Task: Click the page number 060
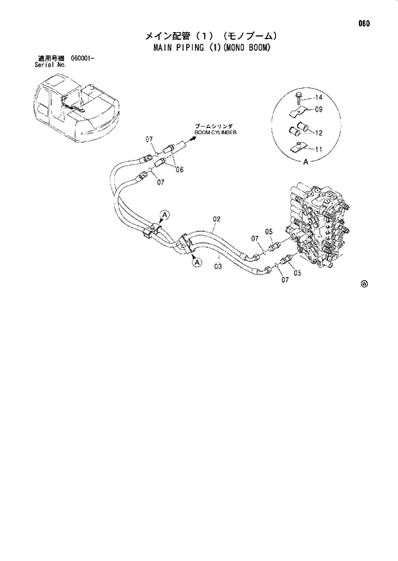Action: pyautogui.click(x=365, y=24)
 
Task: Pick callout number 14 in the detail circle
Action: pyautogui.click(x=318, y=98)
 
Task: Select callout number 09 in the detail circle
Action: pyautogui.click(x=318, y=109)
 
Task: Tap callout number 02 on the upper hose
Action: pyautogui.click(x=216, y=219)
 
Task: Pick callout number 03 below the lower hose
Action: pyautogui.click(x=218, y=266)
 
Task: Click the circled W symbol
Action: pyautogui.click(x=364, y=284)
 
